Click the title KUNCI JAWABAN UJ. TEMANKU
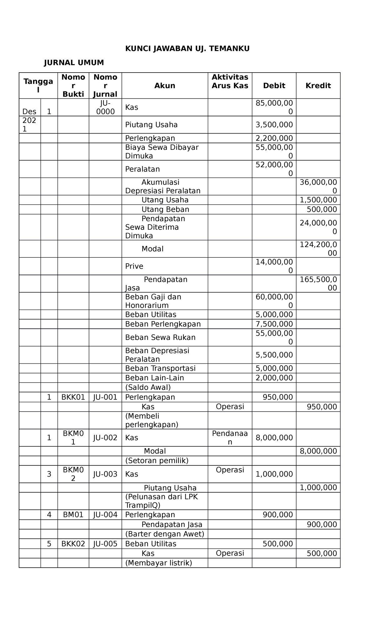(x=187, y=48)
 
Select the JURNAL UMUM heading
(x=74, y=63)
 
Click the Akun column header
(x=165, y=86)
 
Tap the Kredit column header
(x=318, y=86)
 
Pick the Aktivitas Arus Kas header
(x=230, y=81)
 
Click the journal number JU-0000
(x=105, y=107)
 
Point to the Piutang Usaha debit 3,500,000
(x=274, y=125)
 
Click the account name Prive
(x=134, y=266)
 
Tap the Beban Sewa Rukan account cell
(x=160, y=337)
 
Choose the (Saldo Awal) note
(x=148, y=387)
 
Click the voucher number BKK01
(x=73, y=397)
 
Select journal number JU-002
(x=105, y=438)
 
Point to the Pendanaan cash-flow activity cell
(x=230, y=438)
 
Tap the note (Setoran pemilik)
(x=157, y=460)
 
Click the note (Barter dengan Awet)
(x=164, y=534)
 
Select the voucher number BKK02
(x=73, y=544)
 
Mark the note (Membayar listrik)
(x=158, y=563)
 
